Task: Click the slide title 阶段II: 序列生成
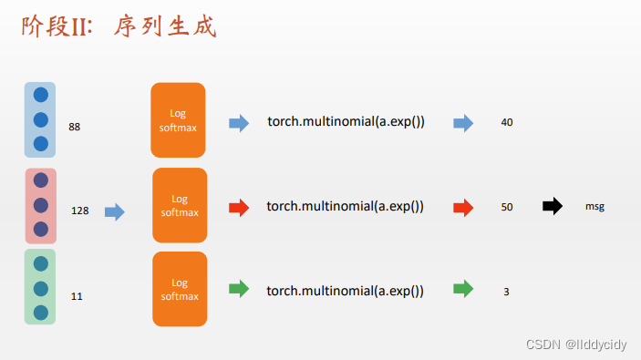coord(119,26)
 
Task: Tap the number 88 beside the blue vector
coord(75,127)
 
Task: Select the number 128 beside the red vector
coord(79,211)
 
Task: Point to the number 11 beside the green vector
coord(77,296)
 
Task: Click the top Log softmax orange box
coord(178,119)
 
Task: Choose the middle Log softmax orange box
coord(179,205)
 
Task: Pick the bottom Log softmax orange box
coord(179,289)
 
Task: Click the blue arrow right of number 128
coord(114,211)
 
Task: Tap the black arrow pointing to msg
coord(553,206)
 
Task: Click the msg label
coord(594,207)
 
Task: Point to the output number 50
coord(507,207)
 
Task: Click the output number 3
coord(506,293)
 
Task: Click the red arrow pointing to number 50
coord(463,207)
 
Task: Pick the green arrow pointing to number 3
coord(463,290)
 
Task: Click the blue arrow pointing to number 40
coord(463,123)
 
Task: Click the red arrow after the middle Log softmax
coord(238,207)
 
